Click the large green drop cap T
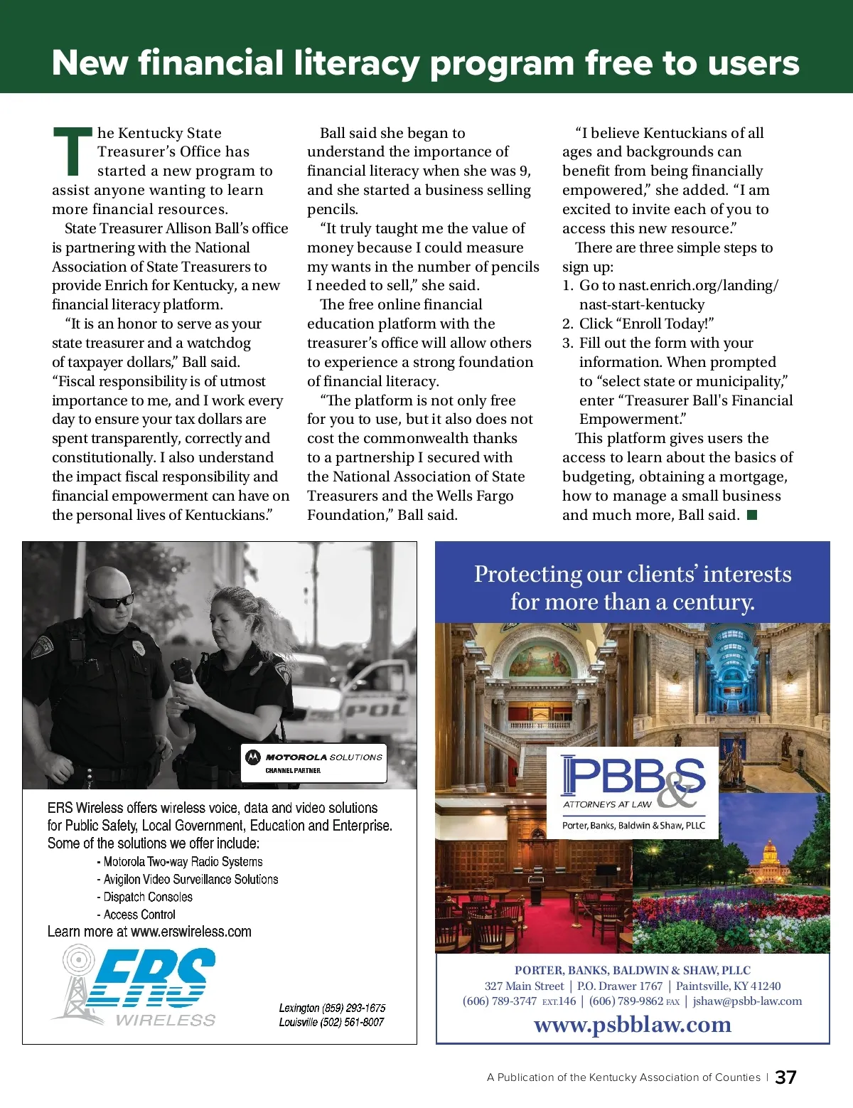click(x=73, y=151)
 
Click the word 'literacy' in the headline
click(x=356, y=64)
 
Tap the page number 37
click(x=785, y=1077)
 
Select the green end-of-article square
click(x=752, y=514)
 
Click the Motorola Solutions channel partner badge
click(x=314, y=763)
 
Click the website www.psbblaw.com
click(x=633, y=1025)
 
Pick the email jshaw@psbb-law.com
click(x=747, y=1001)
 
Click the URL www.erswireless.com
click(x=191, y=932)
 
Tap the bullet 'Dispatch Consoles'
click(x=148, y=897)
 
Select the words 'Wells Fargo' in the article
click(x=473, y=496)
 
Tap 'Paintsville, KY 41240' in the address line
click(x=728, y=986)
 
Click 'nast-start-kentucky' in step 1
click(x=642, y=304)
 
